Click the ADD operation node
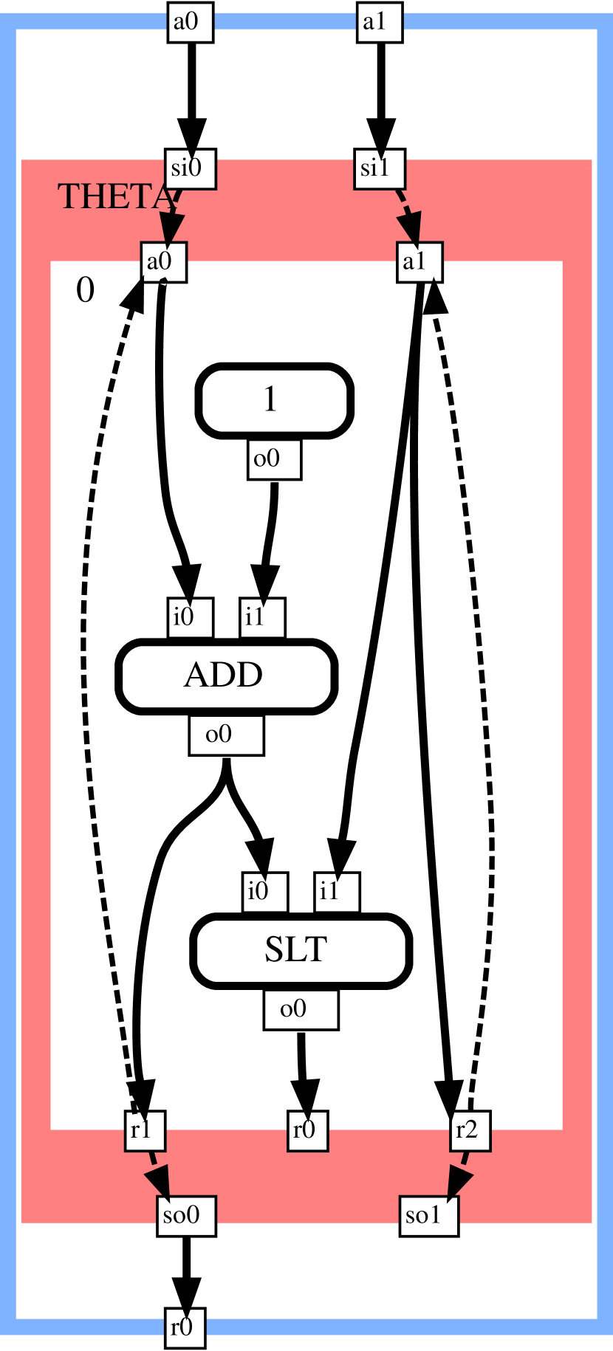point(226,675)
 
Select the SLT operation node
point(300,950)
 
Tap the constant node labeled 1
point(274,400)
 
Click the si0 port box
point(191,169)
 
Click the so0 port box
point(186,1216)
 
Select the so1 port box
point(429,1216)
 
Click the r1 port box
point(145,1130)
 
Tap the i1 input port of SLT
point(337,892)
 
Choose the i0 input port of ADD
point(190,617)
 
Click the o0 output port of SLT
point(301,1010)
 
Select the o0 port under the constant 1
point(274,460)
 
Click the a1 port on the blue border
point(380,22)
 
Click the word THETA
point(114,197)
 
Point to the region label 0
point(86,291)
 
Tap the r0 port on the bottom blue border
point(185,1328)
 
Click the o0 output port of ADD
point(226,735)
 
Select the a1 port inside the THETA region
point(419,262)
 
